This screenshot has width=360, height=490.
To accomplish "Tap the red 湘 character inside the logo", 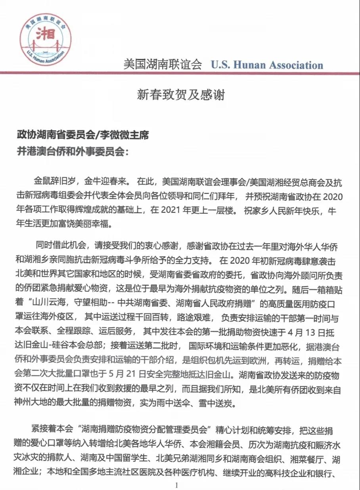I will (x=46, y=34).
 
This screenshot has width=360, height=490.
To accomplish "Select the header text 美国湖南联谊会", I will (x=163, y=65).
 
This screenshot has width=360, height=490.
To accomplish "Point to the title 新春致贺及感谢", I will (x=181, y=96).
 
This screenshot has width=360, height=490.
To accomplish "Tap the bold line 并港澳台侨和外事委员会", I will (x=71, y=153).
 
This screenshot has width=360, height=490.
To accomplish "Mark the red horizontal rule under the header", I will (x=180, y=73).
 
